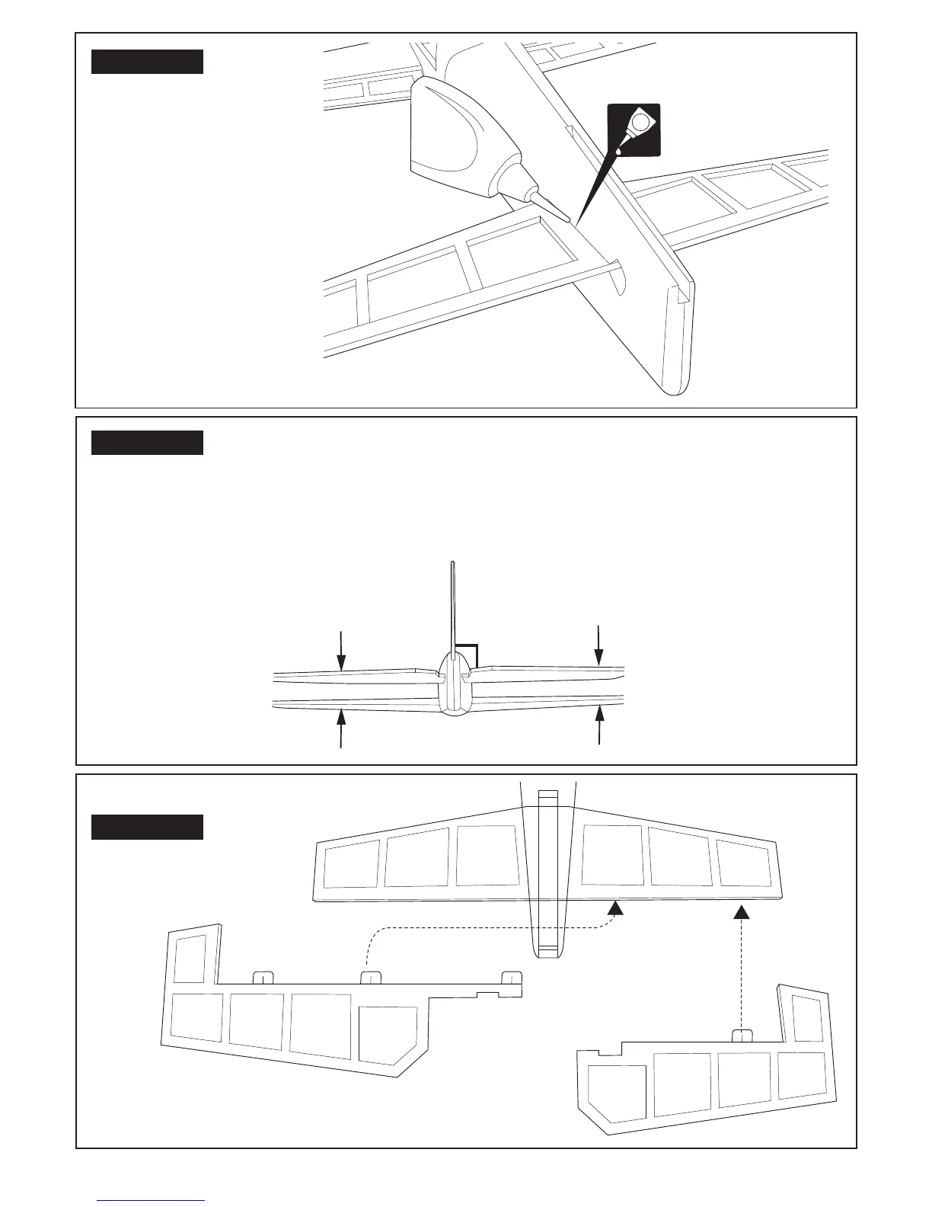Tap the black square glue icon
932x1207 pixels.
[x=634, y=130]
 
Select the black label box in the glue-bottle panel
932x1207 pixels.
[x=147, y=62]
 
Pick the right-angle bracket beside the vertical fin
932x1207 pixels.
[x=467, y=655]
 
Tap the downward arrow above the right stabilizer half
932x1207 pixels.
[x=599, y=644]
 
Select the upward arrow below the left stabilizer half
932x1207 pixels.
[x=342, y=728]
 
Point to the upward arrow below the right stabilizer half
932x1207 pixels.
[x=600, y=725]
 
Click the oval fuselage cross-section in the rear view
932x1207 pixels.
[x=455, y=686]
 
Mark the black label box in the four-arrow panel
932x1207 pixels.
[x=147, y=443]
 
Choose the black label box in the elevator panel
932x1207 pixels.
[x=147, y=827]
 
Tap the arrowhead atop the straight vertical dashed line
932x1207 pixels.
[x=742, y=911]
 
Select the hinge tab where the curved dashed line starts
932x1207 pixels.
[x=370, y=978]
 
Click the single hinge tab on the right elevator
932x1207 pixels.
[x=742, y=1035]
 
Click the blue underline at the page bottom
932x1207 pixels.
[x=151, y=1200]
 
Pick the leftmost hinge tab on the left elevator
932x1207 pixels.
[x=263, y=978]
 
